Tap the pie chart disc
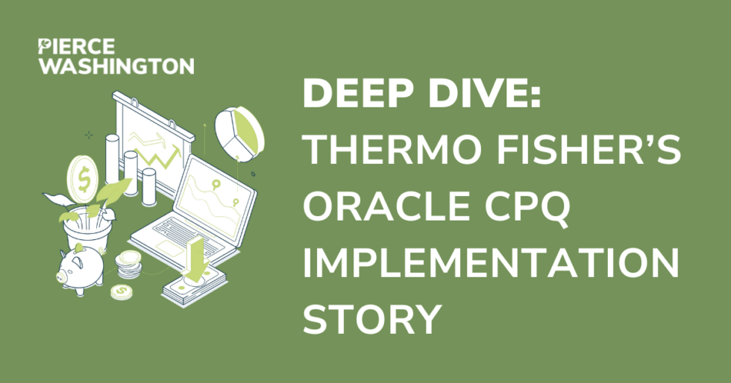coord(239,133)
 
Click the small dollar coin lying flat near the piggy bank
coord(121,291)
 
